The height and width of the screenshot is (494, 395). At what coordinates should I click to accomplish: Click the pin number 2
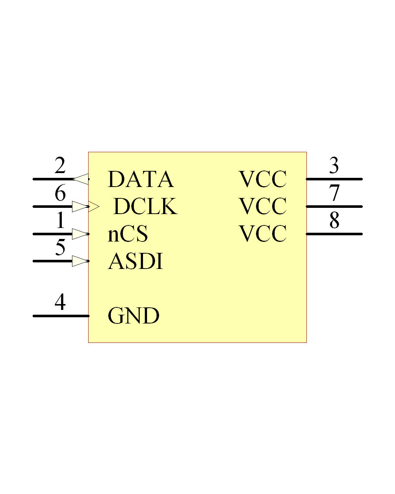60,165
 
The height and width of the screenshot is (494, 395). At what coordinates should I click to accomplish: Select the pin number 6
60,193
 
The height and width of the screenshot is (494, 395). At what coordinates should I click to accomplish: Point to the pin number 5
60,247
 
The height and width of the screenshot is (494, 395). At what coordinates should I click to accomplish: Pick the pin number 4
60,302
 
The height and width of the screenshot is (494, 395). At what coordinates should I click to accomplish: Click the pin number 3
334,165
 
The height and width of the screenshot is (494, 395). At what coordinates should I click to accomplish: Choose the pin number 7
334,193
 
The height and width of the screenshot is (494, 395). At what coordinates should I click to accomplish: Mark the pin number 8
334,220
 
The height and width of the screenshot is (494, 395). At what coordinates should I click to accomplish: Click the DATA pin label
141,179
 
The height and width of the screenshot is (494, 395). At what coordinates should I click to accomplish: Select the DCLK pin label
146,206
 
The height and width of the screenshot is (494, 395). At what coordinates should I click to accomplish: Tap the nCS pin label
128,234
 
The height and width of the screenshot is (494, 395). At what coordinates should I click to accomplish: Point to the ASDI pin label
135,261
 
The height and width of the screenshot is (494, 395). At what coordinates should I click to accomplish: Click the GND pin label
133,316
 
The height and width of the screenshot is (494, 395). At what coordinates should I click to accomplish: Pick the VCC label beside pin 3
263,179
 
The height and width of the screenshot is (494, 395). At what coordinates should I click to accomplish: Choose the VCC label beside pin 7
263,206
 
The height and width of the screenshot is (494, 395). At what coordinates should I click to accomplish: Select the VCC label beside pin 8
263,234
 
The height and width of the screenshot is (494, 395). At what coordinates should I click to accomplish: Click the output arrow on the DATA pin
80,179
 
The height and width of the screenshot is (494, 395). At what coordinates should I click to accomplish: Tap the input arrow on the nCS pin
80,234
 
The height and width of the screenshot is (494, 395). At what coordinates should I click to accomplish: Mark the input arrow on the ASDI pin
80,261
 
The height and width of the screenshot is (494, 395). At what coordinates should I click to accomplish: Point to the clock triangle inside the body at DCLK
94,207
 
